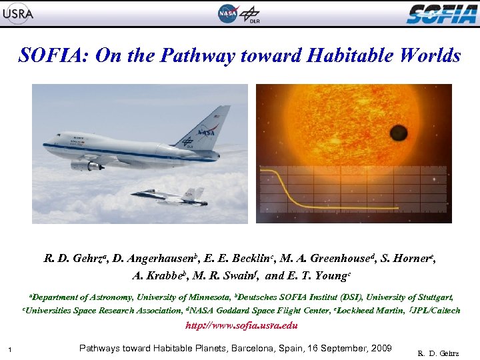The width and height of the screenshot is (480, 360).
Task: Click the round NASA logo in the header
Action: pos(227,13)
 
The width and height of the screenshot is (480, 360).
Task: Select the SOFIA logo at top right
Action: pos(441,13)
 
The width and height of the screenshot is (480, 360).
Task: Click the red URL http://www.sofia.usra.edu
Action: pos(240,326)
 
